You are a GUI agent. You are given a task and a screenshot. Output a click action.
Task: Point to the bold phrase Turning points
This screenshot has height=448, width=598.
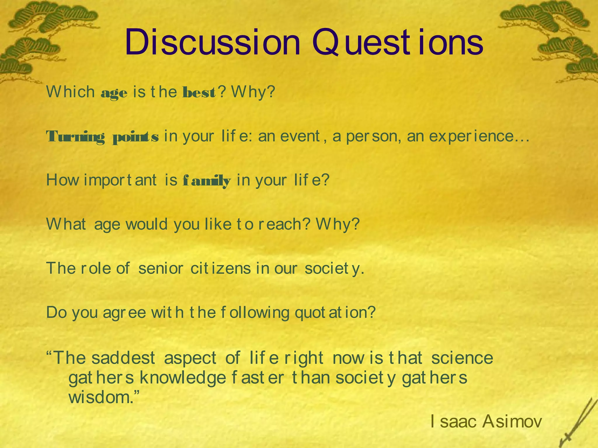click(102, 136)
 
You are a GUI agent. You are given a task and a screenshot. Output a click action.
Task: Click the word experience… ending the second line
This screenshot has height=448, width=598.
click(479, 136)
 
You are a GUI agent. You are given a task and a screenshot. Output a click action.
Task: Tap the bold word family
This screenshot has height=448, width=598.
click(207, 181)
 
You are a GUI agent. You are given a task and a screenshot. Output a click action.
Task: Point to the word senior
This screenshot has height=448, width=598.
click(161, 268)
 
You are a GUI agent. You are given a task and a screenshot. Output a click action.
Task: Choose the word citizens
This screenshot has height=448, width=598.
click(220, 268)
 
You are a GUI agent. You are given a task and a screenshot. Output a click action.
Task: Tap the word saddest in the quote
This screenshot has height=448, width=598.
click(123, 358)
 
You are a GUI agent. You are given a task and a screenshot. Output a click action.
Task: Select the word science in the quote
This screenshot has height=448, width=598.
click(462, 358)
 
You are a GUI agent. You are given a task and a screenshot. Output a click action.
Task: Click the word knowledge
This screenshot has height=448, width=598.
click(183, 378)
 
